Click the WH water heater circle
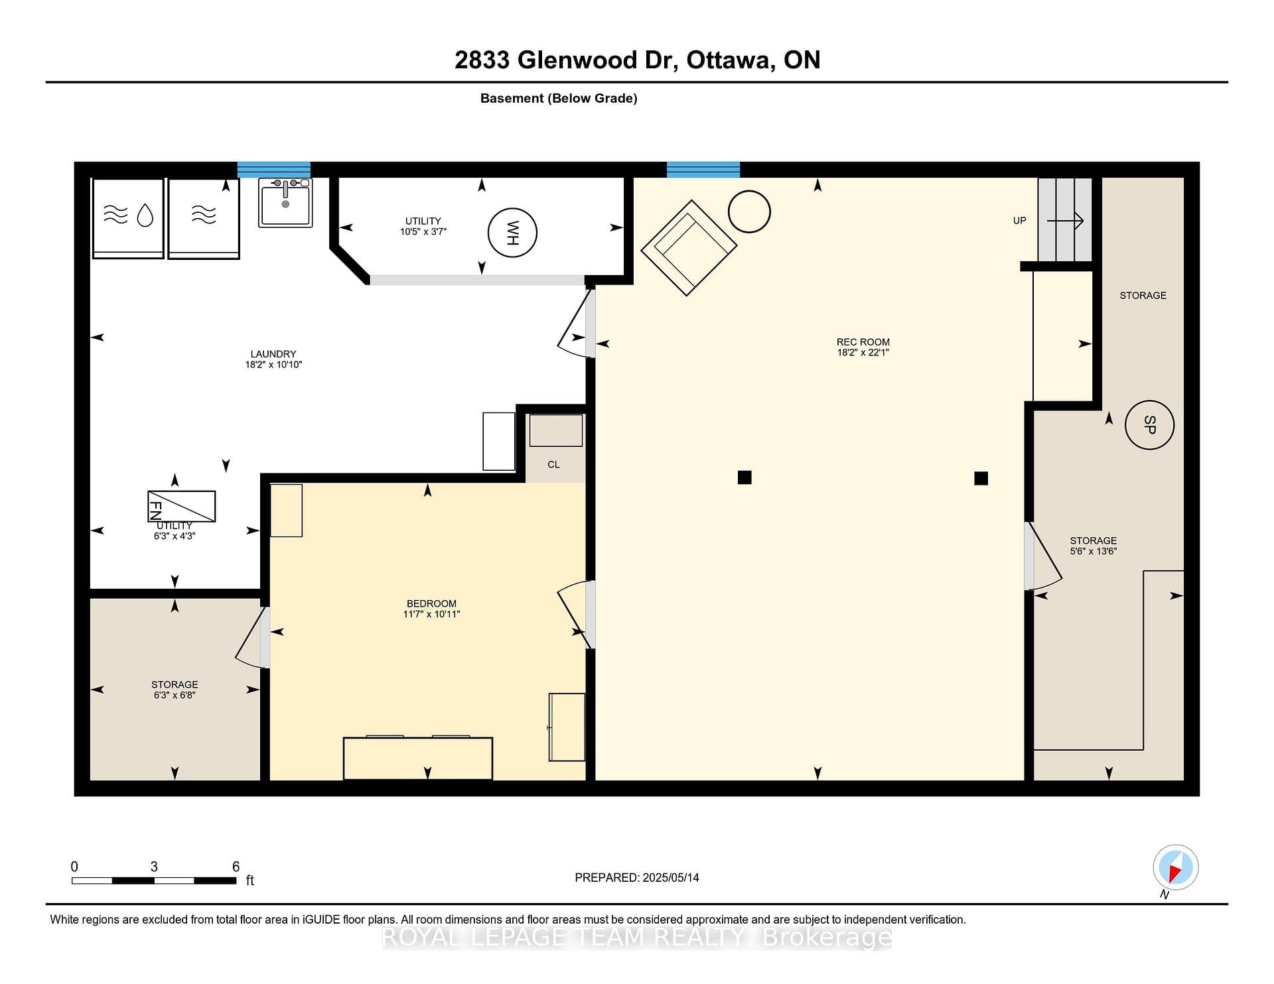coord(512,233)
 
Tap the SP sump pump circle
coord(1150,425)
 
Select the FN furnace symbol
coord(181,506)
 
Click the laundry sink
coord(285,202)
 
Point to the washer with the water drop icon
coord(128,218)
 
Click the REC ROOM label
coord(863,342)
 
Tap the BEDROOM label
coord(431,603)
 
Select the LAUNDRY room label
coord(273,354)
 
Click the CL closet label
coord(553,465)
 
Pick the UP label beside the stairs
coord(1020,221)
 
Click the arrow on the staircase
coord(1065,221)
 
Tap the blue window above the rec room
coord(703,170)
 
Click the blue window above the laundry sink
coord(274,170)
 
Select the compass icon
coord(1176,867)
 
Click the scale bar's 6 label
coord(236,867)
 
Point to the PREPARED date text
coord(637,877)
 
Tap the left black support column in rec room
coord(744,477)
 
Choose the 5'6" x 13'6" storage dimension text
coord(1094,551)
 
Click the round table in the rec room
coord(749,212)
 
